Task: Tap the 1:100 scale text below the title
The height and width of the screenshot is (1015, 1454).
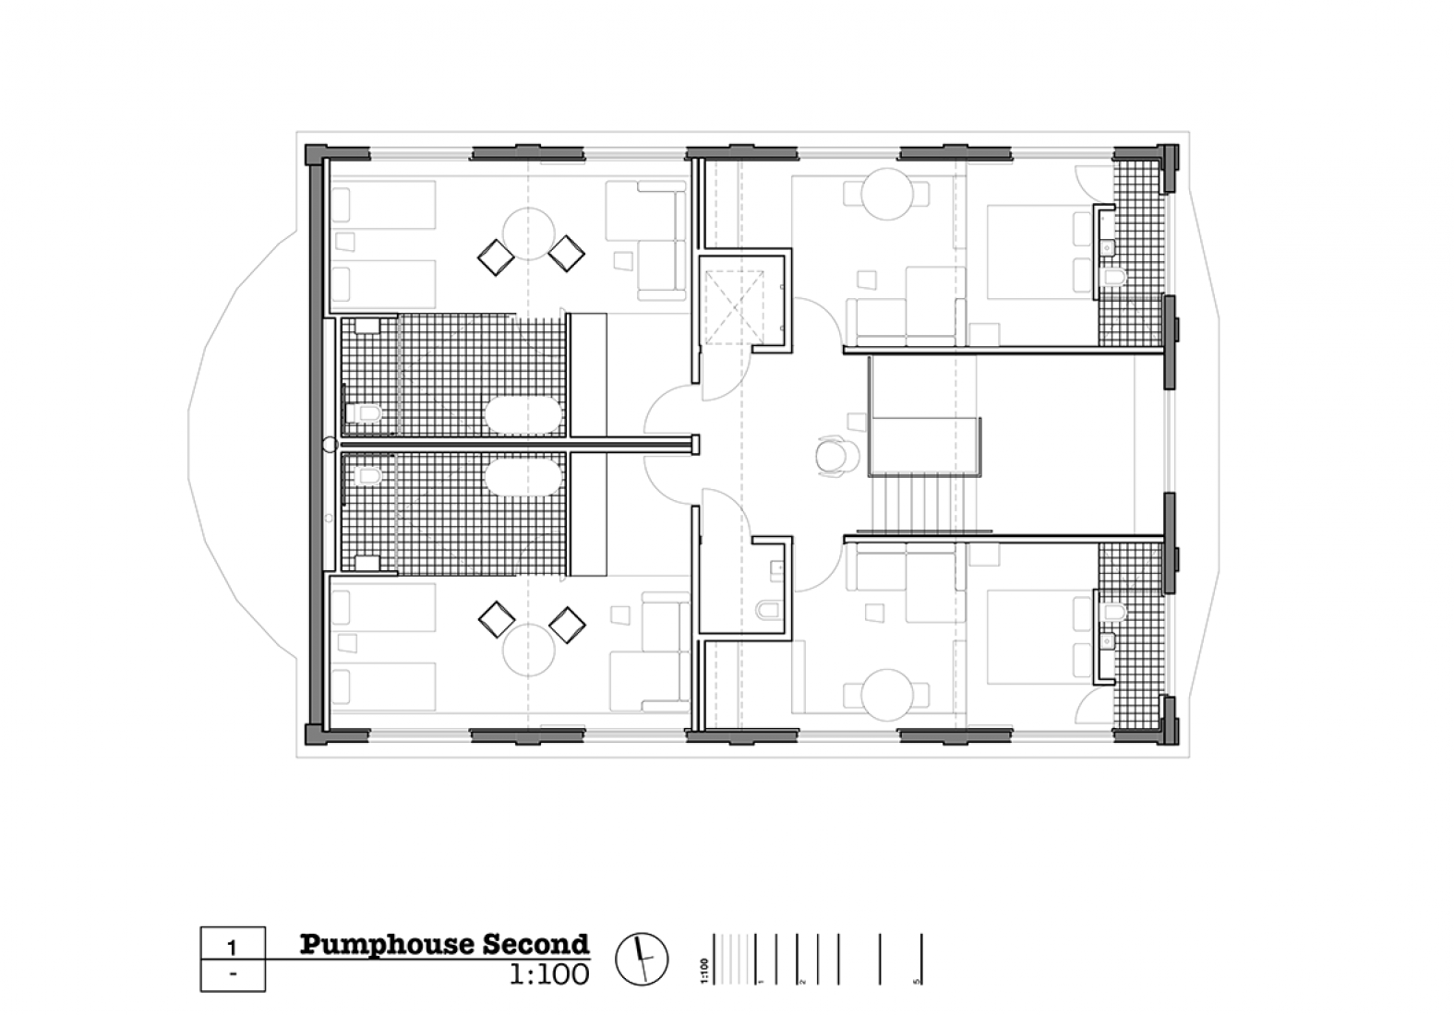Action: [548, 974]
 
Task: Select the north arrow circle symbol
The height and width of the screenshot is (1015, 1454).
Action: [641, 959]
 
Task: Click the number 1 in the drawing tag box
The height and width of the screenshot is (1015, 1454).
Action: [233, 948]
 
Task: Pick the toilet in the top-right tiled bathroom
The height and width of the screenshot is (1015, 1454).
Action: [1113, 277]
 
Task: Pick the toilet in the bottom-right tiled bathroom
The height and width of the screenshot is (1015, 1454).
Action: [1113, 611]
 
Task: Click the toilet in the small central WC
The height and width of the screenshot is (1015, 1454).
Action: [767, 610]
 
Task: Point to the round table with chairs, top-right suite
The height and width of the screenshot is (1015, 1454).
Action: [887, 193]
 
